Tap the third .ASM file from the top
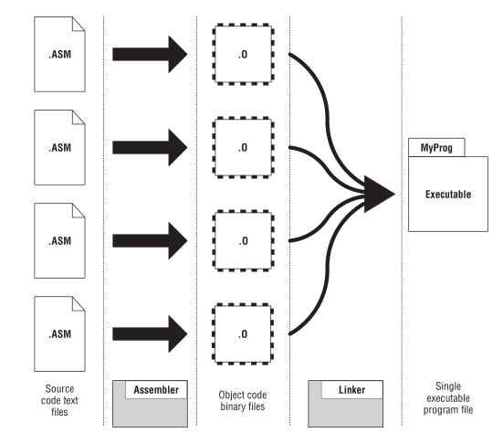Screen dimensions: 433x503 tap(60, 240)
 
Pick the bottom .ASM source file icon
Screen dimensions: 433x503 tap(60, 333)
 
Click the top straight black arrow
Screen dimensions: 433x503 tap(150, 54)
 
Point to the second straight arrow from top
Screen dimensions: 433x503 tap(150, 147)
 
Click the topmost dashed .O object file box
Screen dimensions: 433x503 tap(242, 54)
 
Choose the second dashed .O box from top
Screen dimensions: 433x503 tap(242, 147)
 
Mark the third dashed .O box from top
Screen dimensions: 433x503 tap(242, 241)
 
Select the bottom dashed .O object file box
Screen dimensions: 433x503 tap(242, 334)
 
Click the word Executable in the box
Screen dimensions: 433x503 tap(448, 194)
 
